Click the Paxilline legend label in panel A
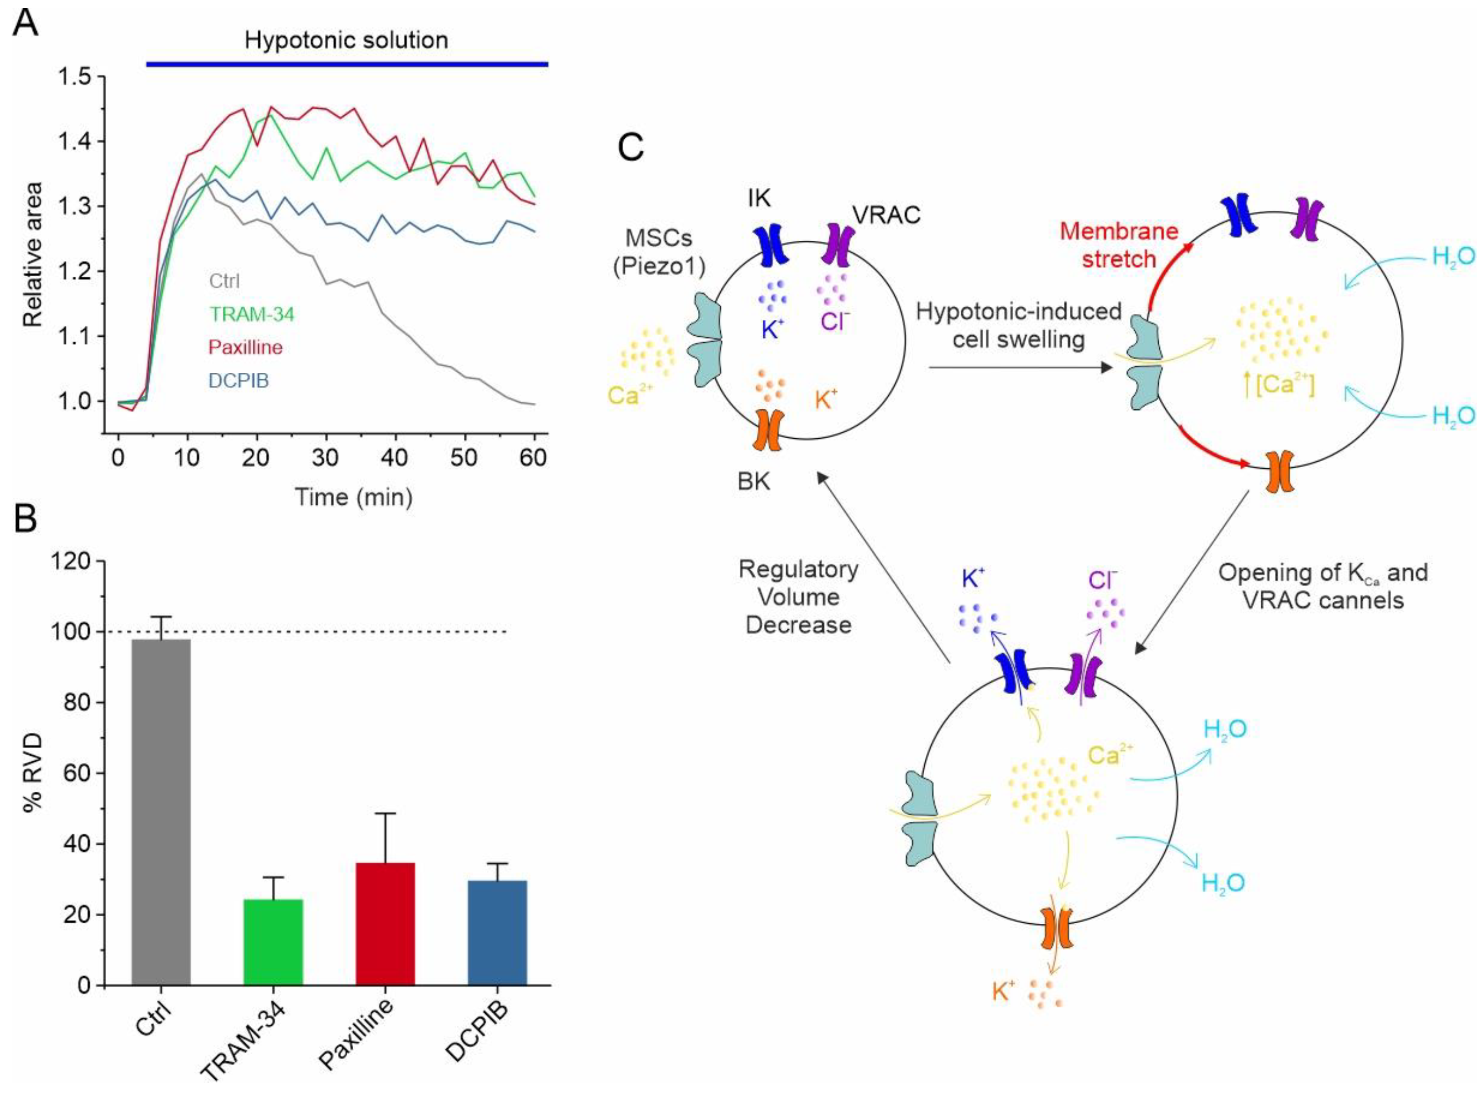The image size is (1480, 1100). (x=245, y=347)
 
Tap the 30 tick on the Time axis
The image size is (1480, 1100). (x=326, y=458)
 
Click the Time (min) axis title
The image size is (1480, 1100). (x=354, y=497)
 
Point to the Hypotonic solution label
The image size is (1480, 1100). (x=346, y=40)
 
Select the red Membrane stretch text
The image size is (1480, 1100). (x=1119, y=244)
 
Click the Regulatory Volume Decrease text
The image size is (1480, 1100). (x=798, y=597)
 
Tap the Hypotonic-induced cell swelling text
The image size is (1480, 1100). (x=1018, y=325)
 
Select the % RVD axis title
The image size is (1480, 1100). (x=32, y=772)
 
